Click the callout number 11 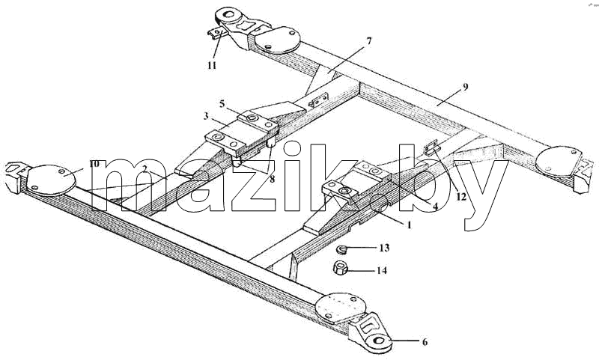pos(212,65)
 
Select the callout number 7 pos(368,40)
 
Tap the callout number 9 pos(465,87)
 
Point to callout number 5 pos(222,104)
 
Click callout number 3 pos(206,116)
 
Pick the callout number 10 pos(94,164)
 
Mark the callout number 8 pos(272,179)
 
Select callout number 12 pos(461,197)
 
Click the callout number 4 pos(435,205)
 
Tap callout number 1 pos(409,225)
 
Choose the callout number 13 pos(384,248)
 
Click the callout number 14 pos(382,271)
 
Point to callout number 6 pos(425,342)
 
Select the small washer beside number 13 pos(341,250)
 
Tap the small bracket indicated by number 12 pos(432,146)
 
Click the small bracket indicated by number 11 pos(217,33)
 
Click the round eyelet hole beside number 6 pos(379,341)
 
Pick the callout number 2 pos(144,168)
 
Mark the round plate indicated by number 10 pos(51,179)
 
